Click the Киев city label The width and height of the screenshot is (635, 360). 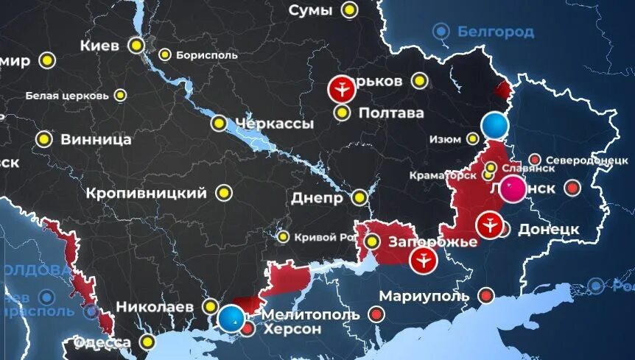pos(99,46)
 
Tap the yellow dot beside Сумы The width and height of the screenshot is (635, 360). pos(349,10)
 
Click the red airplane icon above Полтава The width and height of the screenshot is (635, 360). pos(342,90)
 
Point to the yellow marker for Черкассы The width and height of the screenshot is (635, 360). pos(219,123)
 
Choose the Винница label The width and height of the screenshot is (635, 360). pos(96,138)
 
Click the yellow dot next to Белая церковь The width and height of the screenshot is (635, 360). pos(121,95)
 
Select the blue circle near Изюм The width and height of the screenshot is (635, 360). pos(496,126)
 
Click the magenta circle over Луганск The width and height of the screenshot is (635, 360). pos(513,189)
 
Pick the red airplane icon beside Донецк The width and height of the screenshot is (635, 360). pos(488,225)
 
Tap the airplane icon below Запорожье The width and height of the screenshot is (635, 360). pos(424,259)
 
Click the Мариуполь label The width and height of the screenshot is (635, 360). pos(424,296)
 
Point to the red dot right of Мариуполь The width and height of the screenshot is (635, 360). pos(485,295)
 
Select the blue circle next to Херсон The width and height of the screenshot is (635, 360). pos(231,318)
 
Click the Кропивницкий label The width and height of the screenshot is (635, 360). pos(146,194)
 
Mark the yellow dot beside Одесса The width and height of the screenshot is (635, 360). pos(150,342)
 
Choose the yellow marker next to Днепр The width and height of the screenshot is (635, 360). pos(359,197)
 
